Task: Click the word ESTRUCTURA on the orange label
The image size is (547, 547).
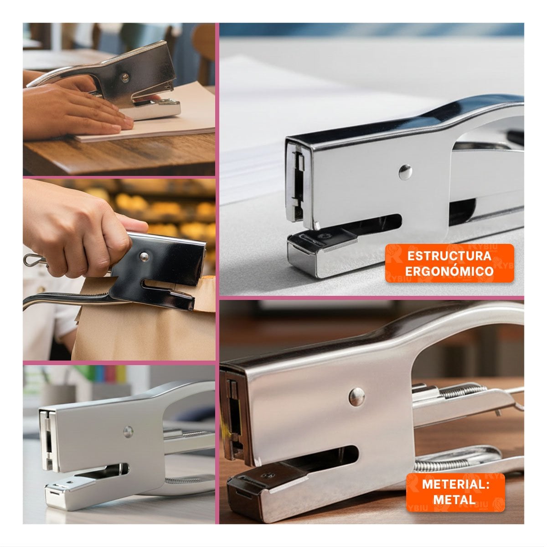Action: click(x=449, y=256)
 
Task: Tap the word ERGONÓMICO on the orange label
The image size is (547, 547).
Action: click(x=449, y=271)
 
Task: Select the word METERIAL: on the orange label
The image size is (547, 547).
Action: click(x=455, y=484)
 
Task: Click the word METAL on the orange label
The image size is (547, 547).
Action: click(x=454, y=499)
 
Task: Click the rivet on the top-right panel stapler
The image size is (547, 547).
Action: click(x=405, y=172)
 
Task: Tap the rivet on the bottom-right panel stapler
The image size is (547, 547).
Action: click(x=357, y=396)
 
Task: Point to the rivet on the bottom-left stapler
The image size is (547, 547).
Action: click(x=128, y=432)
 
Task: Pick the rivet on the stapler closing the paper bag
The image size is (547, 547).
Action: click(x=144, y=257)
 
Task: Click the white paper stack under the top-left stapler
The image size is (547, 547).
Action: click(x=159, y=119)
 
